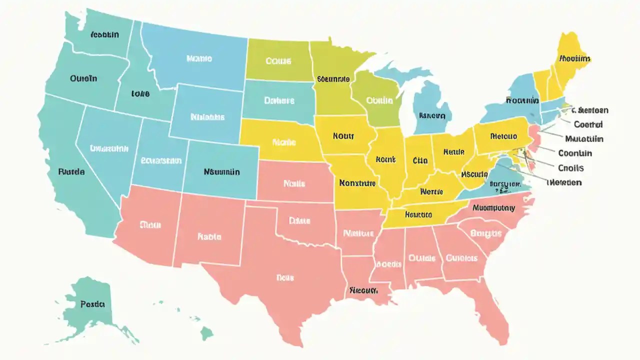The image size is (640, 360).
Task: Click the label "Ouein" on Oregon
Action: point(83,78)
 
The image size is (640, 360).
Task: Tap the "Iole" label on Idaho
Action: point(140,93)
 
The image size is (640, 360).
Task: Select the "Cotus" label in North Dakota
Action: point(278,61)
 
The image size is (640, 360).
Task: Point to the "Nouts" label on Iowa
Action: point(343,135)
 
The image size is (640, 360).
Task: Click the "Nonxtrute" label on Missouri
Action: point(357,183)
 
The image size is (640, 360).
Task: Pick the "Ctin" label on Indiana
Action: point(420,160)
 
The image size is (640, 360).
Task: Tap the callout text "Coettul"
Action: point(588,124)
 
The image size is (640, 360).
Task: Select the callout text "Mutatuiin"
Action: point(584,139)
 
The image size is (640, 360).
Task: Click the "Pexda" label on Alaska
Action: point(92,303)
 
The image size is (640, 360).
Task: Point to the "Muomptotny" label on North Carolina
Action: point(493,207)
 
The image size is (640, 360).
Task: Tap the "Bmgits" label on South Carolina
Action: point(486,233)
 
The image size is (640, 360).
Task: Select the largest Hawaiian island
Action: point(206,332)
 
